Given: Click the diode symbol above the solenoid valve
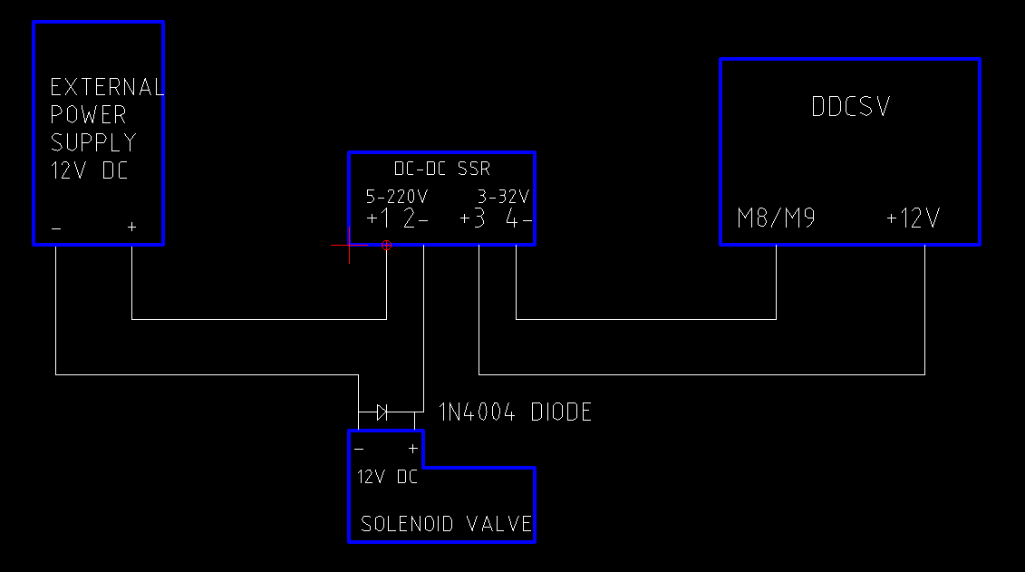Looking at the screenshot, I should tap(382, 412).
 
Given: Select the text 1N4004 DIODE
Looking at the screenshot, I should tap(515, 413).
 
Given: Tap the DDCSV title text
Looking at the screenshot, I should tap(850, 107).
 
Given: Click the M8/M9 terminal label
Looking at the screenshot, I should tap(776, 218).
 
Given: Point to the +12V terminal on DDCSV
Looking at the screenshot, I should tap(913, 218).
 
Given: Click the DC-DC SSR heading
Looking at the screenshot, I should tap(442, 170).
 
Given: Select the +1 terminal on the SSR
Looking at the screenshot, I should tap(378, 219).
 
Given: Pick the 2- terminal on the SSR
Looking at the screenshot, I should tap(416, 219).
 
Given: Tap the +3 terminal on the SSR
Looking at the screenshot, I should tap(472, 219).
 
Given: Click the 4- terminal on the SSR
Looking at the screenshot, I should tap(518, 219).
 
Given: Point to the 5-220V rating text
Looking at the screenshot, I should tap(397, 197).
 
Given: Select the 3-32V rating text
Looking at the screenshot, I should tap(503, 197).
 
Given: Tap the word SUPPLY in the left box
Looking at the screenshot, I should tap(93, 142).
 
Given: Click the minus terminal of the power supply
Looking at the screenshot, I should tap(56, 228).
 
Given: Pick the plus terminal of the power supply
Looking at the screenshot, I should tap(131, 227).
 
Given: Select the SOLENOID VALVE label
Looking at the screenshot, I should tap(446, 524).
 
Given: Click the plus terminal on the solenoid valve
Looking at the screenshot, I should tap(413, 449).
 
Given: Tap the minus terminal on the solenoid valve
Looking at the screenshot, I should tap(359, 449).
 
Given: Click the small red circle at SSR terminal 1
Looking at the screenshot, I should tap(386, 245).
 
